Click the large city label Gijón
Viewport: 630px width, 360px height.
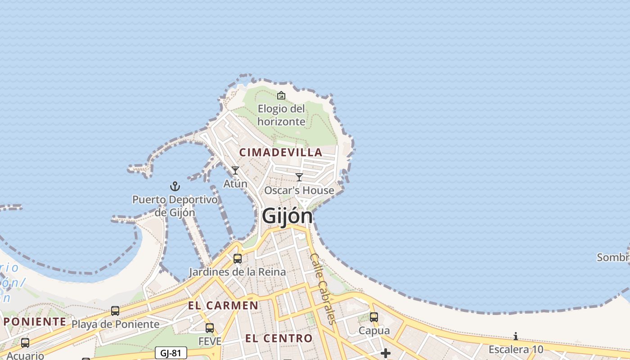287,216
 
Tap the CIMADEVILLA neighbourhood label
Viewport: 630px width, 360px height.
281,153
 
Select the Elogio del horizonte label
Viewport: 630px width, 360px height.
281,115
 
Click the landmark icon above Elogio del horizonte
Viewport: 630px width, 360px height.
281,95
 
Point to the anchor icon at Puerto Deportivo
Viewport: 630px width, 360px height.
175,186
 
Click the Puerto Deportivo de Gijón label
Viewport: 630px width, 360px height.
175,206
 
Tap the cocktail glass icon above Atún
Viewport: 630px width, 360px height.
235,171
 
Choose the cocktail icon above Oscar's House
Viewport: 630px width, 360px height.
299,177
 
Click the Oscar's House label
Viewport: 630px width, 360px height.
299,190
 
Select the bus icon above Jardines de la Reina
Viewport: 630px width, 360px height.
237,259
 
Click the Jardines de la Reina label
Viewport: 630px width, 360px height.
237,272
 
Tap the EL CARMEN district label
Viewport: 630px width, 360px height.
223,306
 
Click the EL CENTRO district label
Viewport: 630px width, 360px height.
279,338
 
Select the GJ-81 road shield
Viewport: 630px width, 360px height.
171,353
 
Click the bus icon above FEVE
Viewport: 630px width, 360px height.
210,328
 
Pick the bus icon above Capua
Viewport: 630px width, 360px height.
374,317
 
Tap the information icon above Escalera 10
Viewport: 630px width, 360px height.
516,336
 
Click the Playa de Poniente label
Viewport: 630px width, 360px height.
116,324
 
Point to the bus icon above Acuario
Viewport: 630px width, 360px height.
25,343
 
